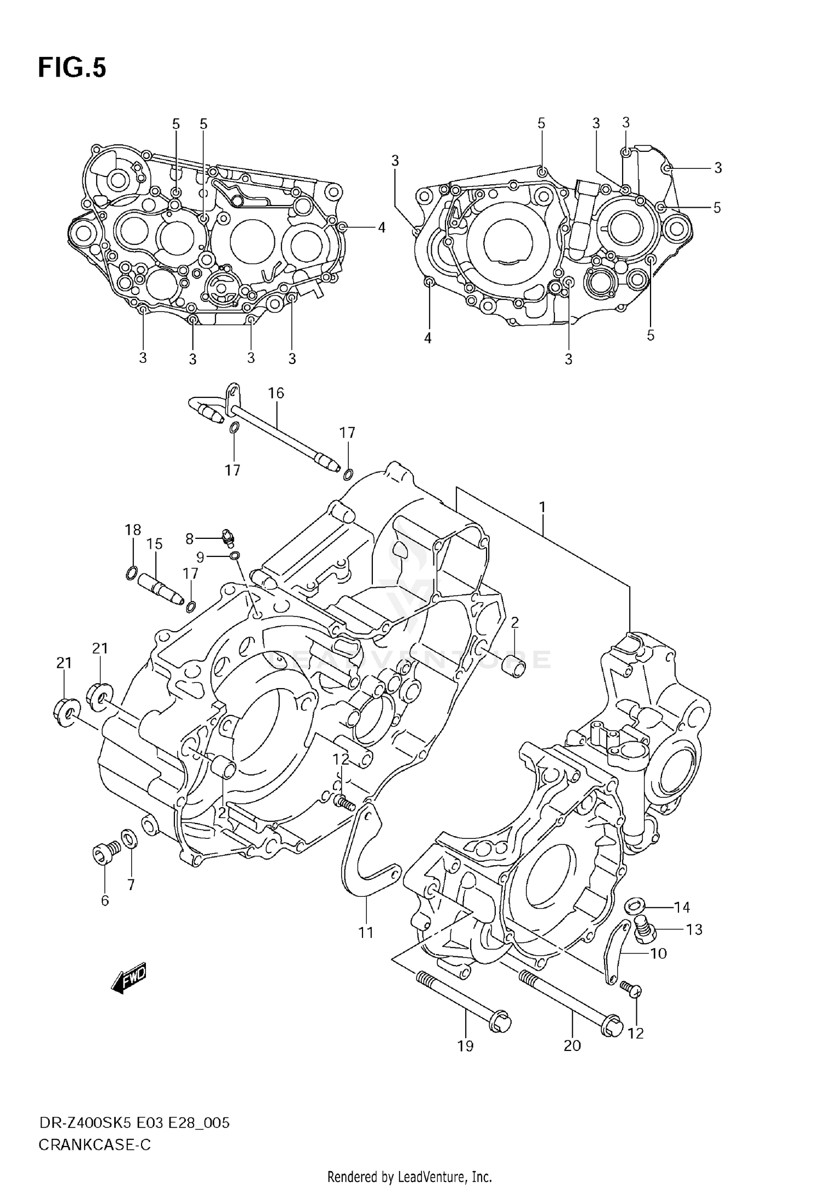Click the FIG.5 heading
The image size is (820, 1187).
point(72,68)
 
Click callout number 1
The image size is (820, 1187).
point(542,508)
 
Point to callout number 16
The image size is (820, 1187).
point(276,393)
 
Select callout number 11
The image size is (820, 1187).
point(366,932)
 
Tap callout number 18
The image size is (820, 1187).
point(132,530)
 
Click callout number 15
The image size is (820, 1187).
point(155,544)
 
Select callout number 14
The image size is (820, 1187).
point(682,907)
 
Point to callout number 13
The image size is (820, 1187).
point(694,929)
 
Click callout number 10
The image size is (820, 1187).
point(659,954)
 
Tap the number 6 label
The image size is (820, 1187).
point(105,901)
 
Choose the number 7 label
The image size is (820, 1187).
point(131,885)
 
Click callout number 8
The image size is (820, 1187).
point(190,539)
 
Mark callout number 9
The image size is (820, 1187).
point(200,557)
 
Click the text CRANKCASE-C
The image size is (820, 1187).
point(95,1144)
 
